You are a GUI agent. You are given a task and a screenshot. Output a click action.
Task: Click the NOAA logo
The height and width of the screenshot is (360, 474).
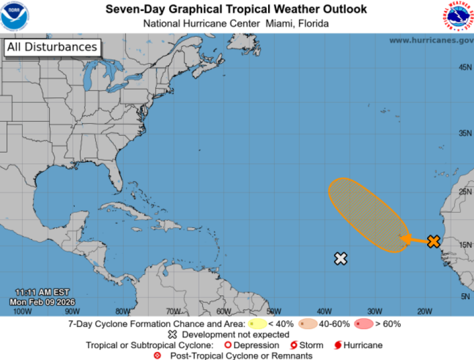[x=15, y=16]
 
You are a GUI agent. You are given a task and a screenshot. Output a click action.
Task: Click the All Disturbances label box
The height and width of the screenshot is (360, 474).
[x=52, y=47]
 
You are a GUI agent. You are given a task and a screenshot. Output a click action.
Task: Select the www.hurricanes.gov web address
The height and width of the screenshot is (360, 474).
[x=431, y=40]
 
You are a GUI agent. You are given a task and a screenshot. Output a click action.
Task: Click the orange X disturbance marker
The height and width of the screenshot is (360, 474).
[x=434, y=241]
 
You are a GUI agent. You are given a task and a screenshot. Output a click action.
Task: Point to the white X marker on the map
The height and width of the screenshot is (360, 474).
[x=340, y=259]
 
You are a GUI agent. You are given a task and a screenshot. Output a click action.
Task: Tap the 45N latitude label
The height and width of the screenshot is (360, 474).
[x=465, y=67]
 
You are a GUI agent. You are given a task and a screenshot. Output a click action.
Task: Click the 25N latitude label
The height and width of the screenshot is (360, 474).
[x=465, y=192]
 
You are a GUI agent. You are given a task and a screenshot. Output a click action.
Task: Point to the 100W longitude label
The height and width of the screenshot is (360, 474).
[x=22, y=311]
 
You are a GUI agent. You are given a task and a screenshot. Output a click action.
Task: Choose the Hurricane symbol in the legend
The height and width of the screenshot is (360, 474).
[x=338, y=345]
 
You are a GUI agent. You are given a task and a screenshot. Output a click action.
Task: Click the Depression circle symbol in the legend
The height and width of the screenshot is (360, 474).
[x=227, y=345]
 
